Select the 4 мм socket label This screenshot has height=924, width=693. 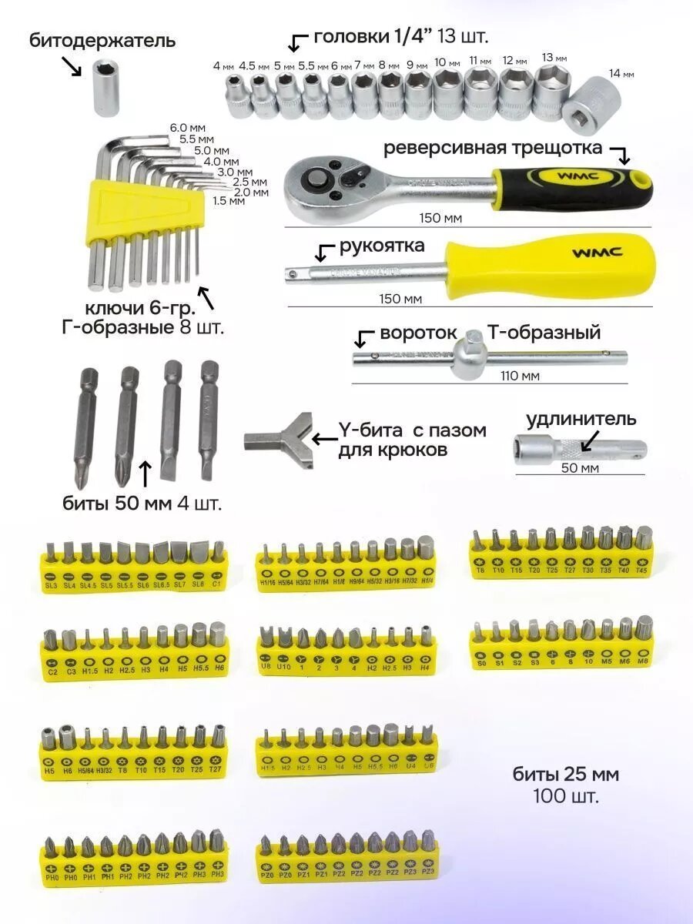click(223, 66)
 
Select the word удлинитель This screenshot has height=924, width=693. click(581, 420)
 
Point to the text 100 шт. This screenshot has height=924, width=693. click(565, 796)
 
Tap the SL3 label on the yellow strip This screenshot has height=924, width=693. click(52, 586)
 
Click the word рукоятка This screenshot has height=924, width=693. click(382, 246)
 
